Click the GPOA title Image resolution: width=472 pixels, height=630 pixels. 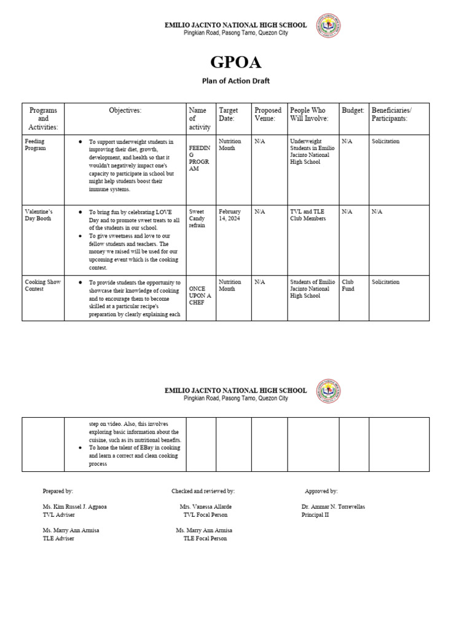click(x=236, y=62)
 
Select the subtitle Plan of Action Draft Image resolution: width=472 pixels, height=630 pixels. click(x=236, y=81)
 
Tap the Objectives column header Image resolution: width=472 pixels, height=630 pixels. click(x=125, y=110)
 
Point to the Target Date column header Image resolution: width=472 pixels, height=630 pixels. click(x=229, y=114)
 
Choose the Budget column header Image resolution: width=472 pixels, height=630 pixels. click(x=353, y=110)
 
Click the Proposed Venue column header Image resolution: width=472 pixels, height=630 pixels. click(x=268, y=114)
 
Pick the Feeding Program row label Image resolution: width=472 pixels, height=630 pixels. click(x=35, y=145)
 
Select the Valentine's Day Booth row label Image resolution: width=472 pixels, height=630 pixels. click(x=38, y=215)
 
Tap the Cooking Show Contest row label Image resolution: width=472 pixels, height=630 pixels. click(x=42, y=285)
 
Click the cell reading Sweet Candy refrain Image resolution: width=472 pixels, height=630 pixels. click(x=198, y=218)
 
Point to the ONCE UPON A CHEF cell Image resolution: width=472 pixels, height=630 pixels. click(x=199, y=295)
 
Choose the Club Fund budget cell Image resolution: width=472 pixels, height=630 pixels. click(x=348, y=285)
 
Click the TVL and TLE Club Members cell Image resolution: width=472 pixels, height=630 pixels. click(x=308, y=215)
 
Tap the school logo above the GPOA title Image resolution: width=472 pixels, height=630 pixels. click(x=328, y=26)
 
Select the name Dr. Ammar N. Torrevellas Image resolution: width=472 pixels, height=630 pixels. click(x=333, y=507)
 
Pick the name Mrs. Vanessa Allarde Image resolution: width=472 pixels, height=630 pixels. click(x=206, y=507)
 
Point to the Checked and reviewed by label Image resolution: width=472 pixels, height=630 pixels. click(x=203, y=491)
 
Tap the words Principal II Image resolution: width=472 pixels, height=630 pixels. click(x=315, y=515)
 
